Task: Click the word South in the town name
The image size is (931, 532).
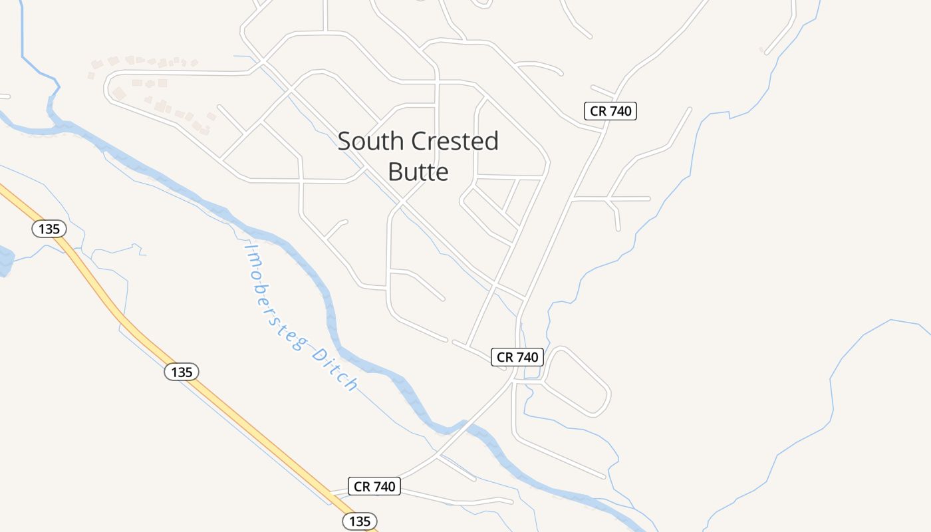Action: [370, 141]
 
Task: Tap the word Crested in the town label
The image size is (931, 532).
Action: [455, 141]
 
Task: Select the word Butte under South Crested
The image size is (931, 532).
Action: [418, 172]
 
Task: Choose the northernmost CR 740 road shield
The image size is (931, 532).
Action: [610, 111]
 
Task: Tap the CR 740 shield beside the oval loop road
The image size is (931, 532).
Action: [517, 357]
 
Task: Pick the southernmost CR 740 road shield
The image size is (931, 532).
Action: [374, 486]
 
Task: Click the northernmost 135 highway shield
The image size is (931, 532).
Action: [49, 229]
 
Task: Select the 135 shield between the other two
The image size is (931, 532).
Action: [182, 372]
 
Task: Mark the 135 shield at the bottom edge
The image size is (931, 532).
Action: [360, 521]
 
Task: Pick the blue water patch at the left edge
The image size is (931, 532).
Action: [5, 261]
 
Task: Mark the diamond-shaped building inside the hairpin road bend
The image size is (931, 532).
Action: [119, 93]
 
